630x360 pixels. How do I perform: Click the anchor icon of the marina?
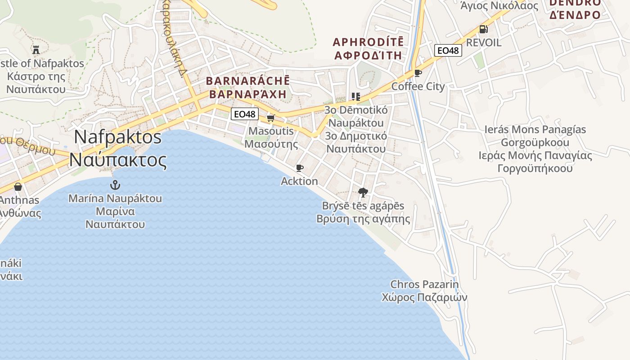click(x=116, y=184)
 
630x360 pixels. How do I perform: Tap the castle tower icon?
click(x=36, y=49)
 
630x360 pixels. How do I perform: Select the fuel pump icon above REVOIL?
click(x=483, y=29)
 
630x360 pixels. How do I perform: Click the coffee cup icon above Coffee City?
click(x=418, y=73)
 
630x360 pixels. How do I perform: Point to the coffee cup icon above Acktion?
click(x=299, y=168)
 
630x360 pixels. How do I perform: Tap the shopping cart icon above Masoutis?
click(x=270, y=118)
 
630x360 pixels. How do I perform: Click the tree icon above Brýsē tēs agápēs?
click(x=363, y=193)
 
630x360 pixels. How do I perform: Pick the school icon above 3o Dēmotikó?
click(x=356, y=96)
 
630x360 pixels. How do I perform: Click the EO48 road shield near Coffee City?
click(x=448, y=50)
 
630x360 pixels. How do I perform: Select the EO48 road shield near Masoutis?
click(x=245, y=114)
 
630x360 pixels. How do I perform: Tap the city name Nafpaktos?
click(x=118, y=137)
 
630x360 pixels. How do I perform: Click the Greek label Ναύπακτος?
click(x=118, y=160)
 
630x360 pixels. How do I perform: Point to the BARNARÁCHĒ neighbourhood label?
click(x=248, y=81)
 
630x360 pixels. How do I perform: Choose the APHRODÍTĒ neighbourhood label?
click(x=368, y=42)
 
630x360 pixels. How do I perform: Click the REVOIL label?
click(x=484, y=43)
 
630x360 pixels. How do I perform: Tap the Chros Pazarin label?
click(x=424, y=284)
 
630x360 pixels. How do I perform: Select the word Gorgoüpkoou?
click(x=535, y=143)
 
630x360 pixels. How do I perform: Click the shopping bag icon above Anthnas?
click(x=18, y=186)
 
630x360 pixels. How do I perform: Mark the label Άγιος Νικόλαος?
click(x=499, y=6)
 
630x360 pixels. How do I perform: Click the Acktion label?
click(x=299, y=181)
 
